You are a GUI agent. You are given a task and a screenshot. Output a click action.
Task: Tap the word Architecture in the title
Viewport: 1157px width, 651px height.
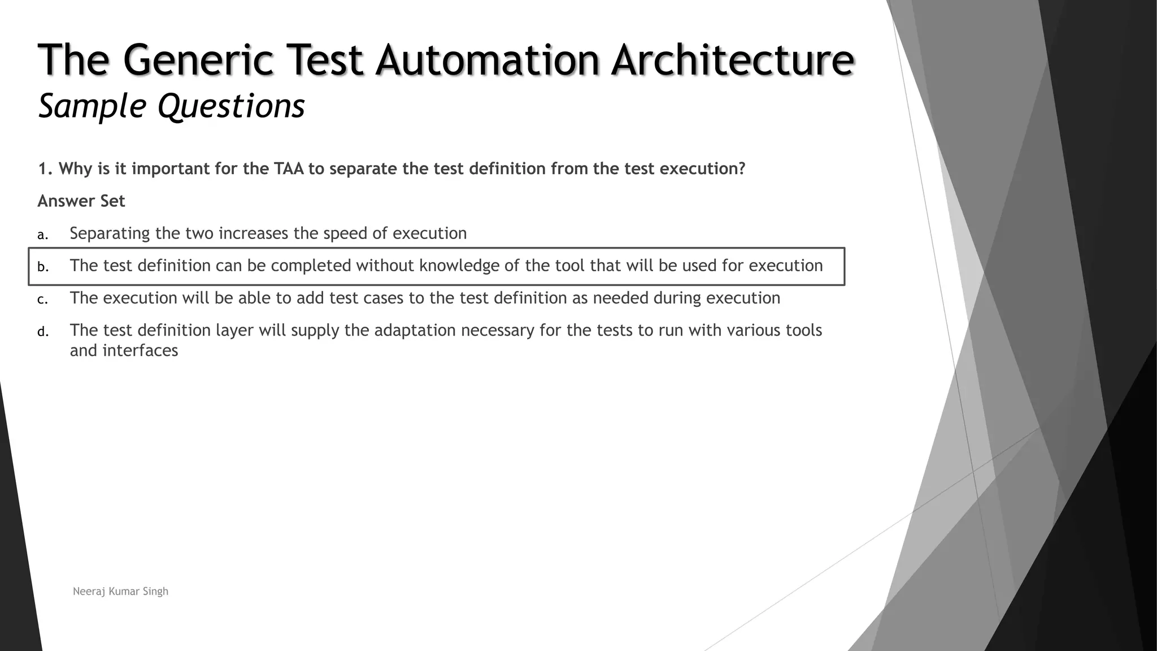[x=732, y=60]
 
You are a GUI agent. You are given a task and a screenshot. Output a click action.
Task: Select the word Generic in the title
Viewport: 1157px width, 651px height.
[x=197, y=60]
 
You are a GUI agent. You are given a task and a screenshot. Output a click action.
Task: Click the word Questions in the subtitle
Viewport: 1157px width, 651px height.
[x=231, y=106]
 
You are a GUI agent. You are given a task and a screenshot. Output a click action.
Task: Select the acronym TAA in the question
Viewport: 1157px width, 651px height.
[x=289, y=169]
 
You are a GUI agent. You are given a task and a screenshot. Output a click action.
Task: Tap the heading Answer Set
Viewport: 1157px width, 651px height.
[x=81, y=201]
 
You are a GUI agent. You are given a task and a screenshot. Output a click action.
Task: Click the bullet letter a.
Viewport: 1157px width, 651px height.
[x=42, y=235]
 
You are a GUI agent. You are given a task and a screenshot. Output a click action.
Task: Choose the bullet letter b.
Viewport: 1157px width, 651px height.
[x=42, y=267]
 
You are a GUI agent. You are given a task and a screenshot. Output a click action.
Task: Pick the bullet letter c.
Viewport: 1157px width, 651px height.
[x=42, y=300]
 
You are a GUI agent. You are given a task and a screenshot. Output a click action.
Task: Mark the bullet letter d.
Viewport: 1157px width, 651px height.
[x=42, y=332]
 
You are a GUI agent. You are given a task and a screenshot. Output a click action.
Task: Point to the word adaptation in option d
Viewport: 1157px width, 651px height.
[x=415, y=330]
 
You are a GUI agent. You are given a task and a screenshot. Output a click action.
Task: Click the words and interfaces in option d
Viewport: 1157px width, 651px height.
[x=124, y=350]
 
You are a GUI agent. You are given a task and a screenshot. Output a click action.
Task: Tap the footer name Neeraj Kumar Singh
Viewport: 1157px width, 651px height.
[x=120, y=591]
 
